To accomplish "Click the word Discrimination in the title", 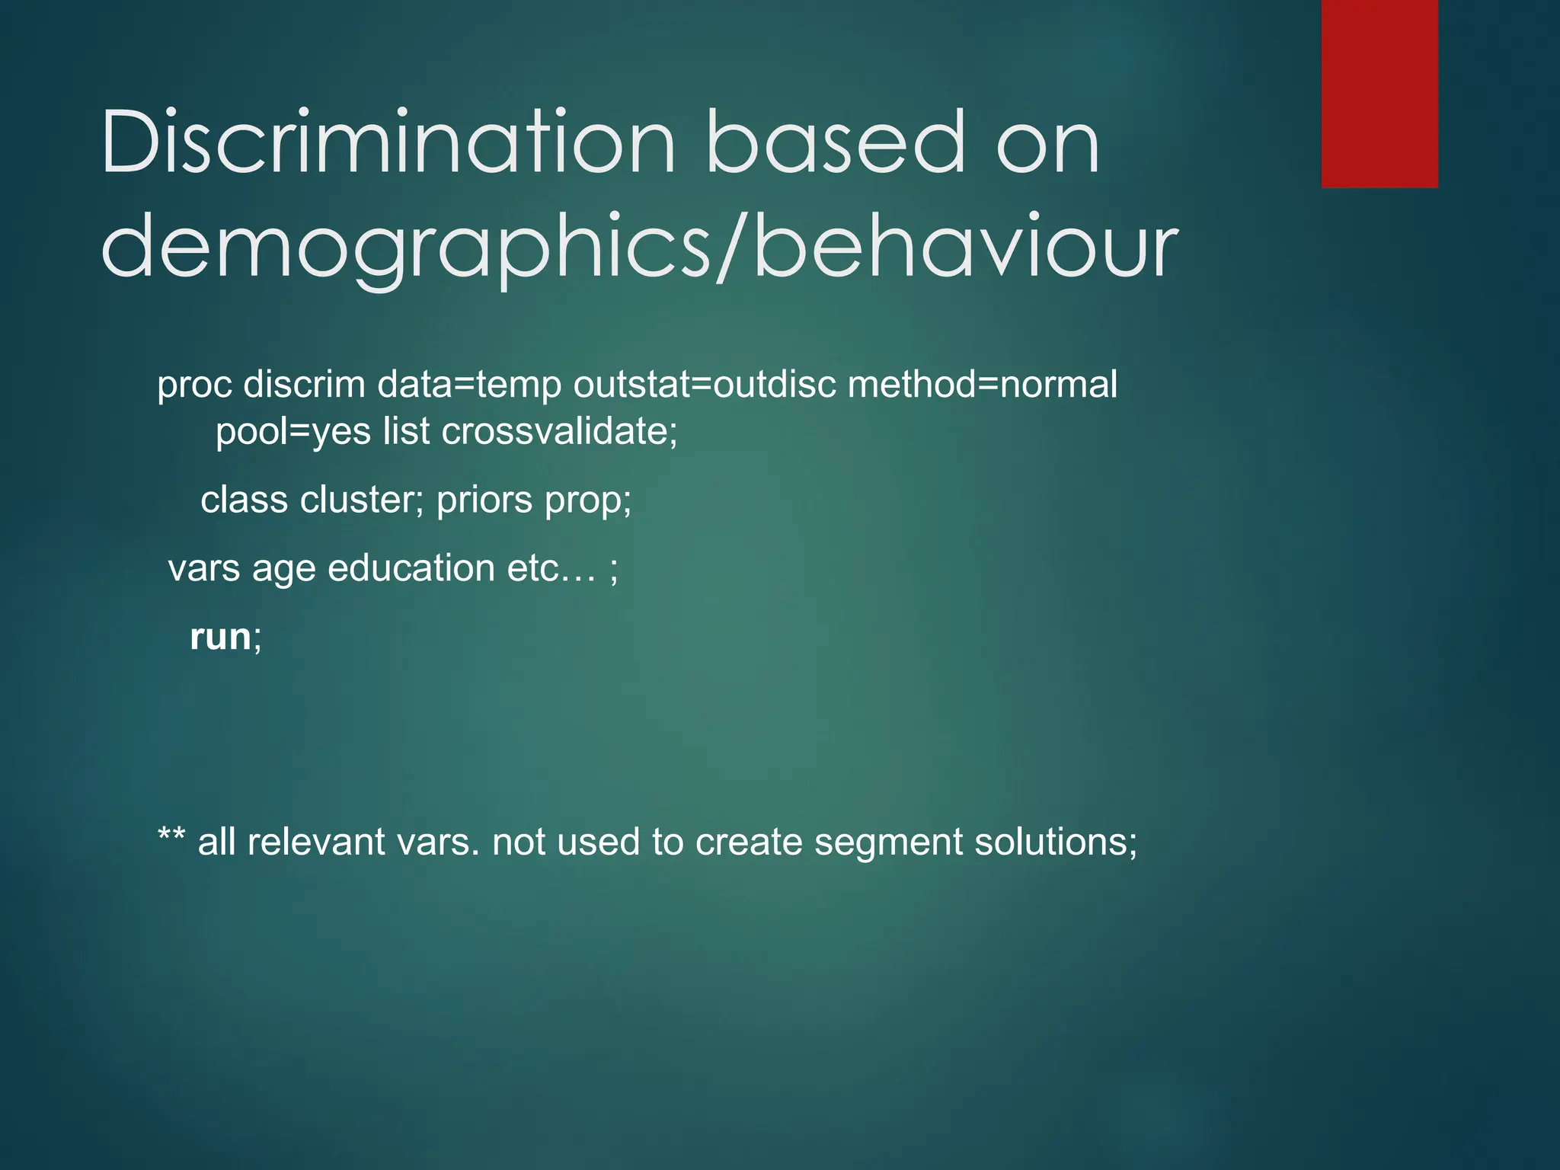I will (x=388, y=142).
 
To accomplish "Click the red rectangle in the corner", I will (x=1379, y=93).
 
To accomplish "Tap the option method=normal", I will (x=982, y=384).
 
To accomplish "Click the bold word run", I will (x=220, y=637).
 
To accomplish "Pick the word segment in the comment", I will (x=888, y=842).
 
